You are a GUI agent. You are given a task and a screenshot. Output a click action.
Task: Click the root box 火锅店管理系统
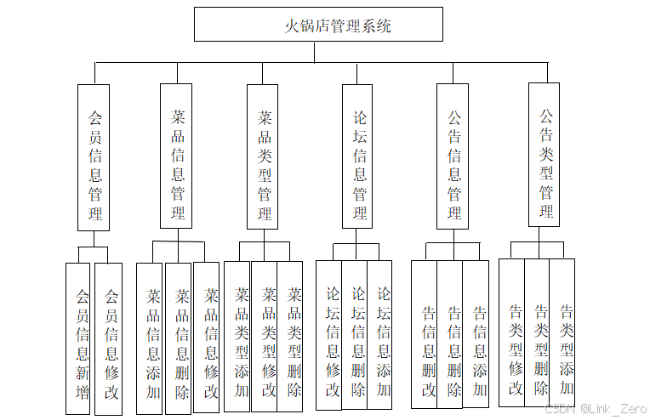pos(318,25)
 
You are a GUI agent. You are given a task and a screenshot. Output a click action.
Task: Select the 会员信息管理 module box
pos(94,157)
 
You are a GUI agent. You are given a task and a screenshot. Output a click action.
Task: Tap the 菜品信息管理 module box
pos(177,157)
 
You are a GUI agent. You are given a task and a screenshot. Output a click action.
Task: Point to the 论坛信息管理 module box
pos(358,157)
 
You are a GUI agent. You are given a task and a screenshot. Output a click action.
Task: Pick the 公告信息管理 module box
pos(453,157)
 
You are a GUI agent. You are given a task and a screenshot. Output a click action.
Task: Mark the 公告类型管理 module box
pos(545,155)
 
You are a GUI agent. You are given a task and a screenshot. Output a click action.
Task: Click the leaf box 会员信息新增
pos(78,338)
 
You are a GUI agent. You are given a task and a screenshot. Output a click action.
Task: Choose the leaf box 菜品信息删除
pos(179,338)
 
